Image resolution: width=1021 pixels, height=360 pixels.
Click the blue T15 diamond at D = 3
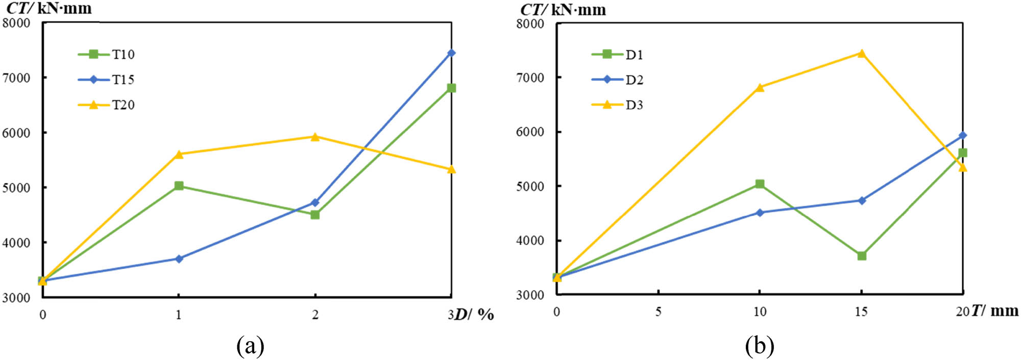click(451, 53)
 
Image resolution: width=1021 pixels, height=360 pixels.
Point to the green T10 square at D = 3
click(451, 88)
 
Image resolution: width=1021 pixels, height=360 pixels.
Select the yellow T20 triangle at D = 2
click(315, 136)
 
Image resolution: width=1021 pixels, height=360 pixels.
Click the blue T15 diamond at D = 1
click(179, 259)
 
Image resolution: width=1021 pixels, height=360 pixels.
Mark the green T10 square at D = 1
click(179, 186)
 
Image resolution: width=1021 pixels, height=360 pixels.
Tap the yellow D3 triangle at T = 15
click(862, 53)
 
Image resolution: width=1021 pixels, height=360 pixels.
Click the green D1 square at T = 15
click(862, 255)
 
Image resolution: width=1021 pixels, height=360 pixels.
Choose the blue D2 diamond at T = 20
click(963, 135)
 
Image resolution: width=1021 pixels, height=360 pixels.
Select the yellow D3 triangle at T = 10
click(760, 87)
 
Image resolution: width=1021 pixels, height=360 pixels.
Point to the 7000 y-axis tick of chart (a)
click(16, 78)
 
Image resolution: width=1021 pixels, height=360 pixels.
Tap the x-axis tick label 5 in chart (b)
click(658, 311)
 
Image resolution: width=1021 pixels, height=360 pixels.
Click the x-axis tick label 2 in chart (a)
click(315, 315)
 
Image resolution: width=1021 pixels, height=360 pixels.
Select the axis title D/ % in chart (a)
click(474, 314)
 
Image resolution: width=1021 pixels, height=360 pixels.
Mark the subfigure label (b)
click(759, 346)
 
